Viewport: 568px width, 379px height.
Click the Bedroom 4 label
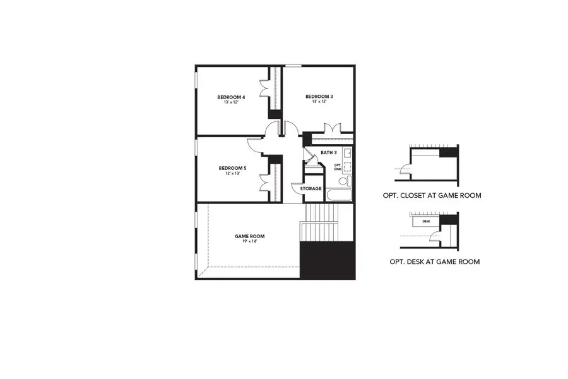pyautogui.click(x=231, y=97)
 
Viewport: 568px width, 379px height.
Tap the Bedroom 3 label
pyautogui.click(x=319, y=96)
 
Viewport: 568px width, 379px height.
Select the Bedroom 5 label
pyautogui.click(x=232, y=168)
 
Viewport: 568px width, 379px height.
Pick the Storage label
pyautogui.click(x=311, y=189)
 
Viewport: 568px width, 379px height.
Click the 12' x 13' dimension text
pyautogui.click(x=232, y=174)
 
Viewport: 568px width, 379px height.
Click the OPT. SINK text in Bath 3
pyautogui.click(x=338, y=167)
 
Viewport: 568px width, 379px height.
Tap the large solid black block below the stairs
pyautogui.click(x=327, y=260)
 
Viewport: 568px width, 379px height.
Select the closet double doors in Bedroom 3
pyautogui.click(x=332, y=128)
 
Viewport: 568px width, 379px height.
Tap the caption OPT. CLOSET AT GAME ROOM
pyautogui.click(x=432, y=196)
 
